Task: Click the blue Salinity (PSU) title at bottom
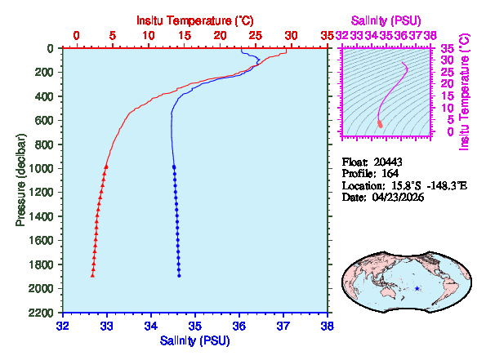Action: click(x=194, y=340)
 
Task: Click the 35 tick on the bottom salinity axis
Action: click(x=194, y=325)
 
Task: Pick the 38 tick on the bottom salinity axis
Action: click(x=327, y=325)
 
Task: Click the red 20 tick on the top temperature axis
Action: click(x=219, y=36)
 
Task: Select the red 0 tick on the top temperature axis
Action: click(x=77, y=36)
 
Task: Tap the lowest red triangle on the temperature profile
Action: click(x=92, y=275)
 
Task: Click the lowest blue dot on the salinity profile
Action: click(x=179, y=275)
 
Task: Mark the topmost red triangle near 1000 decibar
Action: click(x=106, y=167)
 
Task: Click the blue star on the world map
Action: click(x=417, y=288)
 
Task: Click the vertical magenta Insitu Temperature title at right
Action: click(x=465, y=91)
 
